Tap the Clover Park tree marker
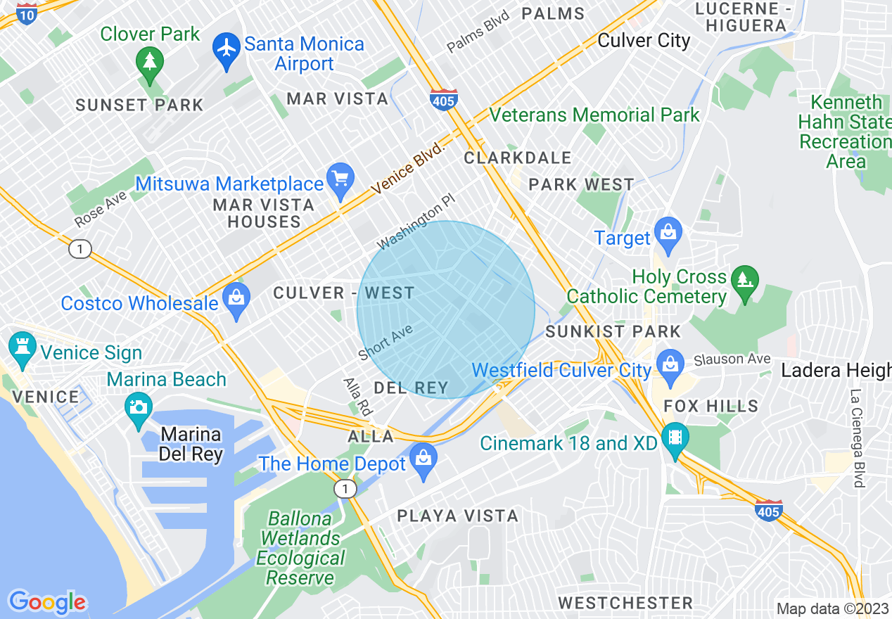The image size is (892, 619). coord(149,62)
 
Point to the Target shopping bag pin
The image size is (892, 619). coord(668,233)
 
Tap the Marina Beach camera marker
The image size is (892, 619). coord(138,407)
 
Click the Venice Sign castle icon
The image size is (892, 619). coord(22,347)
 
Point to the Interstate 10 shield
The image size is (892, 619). coord(27,13)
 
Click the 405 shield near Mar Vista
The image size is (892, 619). coord(444,101)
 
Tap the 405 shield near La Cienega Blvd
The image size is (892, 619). coord(768,511)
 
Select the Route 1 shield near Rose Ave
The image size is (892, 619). coord(80,248)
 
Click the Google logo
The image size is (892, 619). coord(47,602)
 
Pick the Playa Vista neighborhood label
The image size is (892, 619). coord(457,516)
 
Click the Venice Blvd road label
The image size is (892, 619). coord(409,169)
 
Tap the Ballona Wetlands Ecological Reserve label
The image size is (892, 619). coord(300,549)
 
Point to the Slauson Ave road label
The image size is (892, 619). coord(732,359)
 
